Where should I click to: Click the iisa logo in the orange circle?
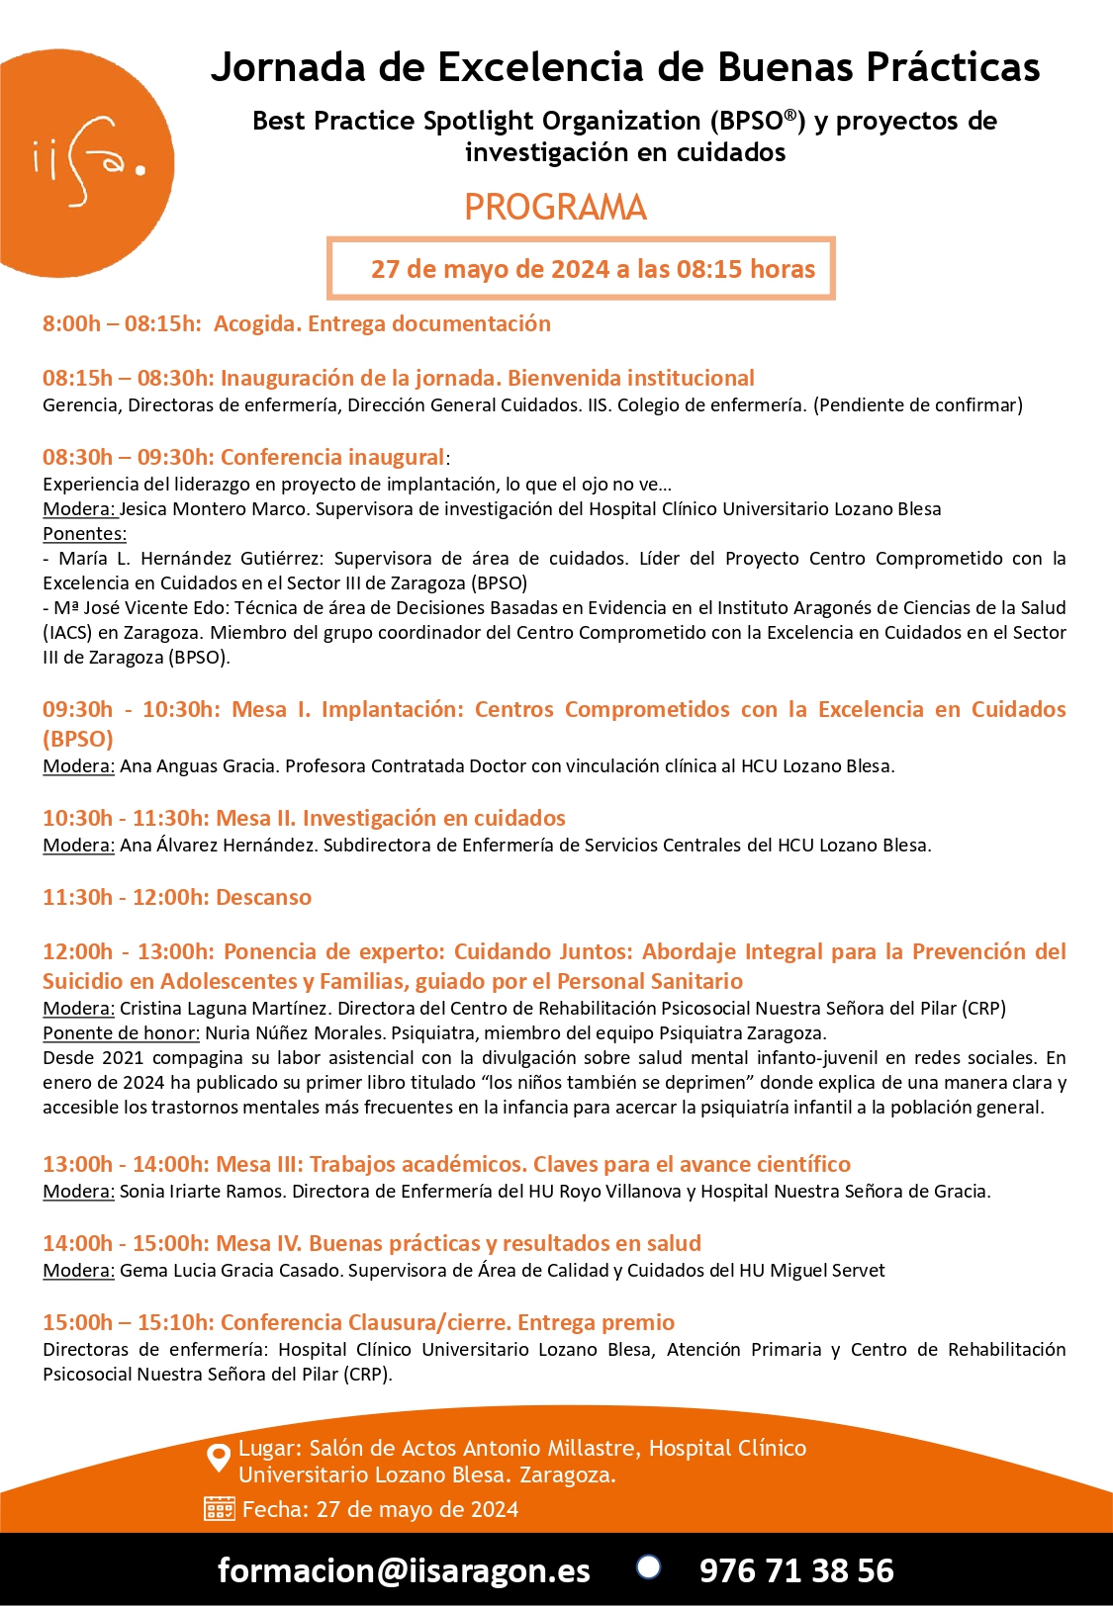(x=87, y=164)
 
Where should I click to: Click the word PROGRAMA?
(x=555, y=208)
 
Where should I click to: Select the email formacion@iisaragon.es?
(x=404, y=1570)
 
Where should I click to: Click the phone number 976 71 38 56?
(x=796, y=1570)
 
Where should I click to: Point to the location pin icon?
(x=218, y=1458)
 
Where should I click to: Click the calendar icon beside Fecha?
(x=219, y=1509)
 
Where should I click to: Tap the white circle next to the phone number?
(x=648, y=1567)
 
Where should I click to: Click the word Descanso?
(x=263, y=897)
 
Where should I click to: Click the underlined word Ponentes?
(x=84, y=534)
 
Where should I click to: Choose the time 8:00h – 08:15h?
(x=122, y=323)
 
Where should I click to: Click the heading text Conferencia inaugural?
(x=331, y=457)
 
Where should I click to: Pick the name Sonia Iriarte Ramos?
(x=202, y=1192)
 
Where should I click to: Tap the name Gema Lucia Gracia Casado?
(x=232, y=1271)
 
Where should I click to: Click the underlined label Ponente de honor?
(x=121, y=1033)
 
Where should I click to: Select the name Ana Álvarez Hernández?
(x=218, y=846)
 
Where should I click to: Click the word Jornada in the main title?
(x=289, y=67)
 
